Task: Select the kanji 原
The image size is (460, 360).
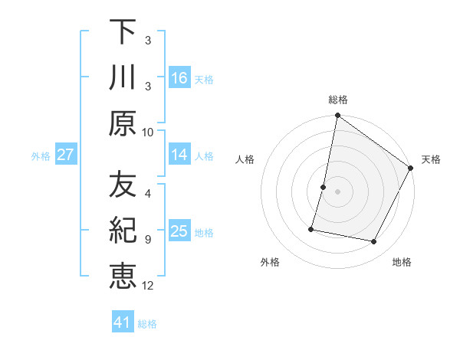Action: coord(123,123)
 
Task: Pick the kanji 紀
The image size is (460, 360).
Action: coord(123,231)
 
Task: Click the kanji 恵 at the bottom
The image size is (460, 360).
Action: coord(123,277)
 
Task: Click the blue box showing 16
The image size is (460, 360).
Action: coord(179,77)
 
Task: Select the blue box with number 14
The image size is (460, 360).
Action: coord(179,155)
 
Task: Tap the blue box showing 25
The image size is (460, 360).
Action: coord(179,231)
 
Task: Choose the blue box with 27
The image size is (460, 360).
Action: coord(65,155)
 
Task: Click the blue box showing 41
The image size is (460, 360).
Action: coord(123,322)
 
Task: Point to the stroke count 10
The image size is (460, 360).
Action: coord(148,132)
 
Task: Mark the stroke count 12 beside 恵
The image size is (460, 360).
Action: coord(148,286)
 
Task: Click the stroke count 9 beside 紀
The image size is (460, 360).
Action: coord(148,239)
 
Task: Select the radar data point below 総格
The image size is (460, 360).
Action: coord(337,116)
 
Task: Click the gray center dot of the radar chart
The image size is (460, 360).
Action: coord(337,191)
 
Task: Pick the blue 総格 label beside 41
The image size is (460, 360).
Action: coord(148,323)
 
